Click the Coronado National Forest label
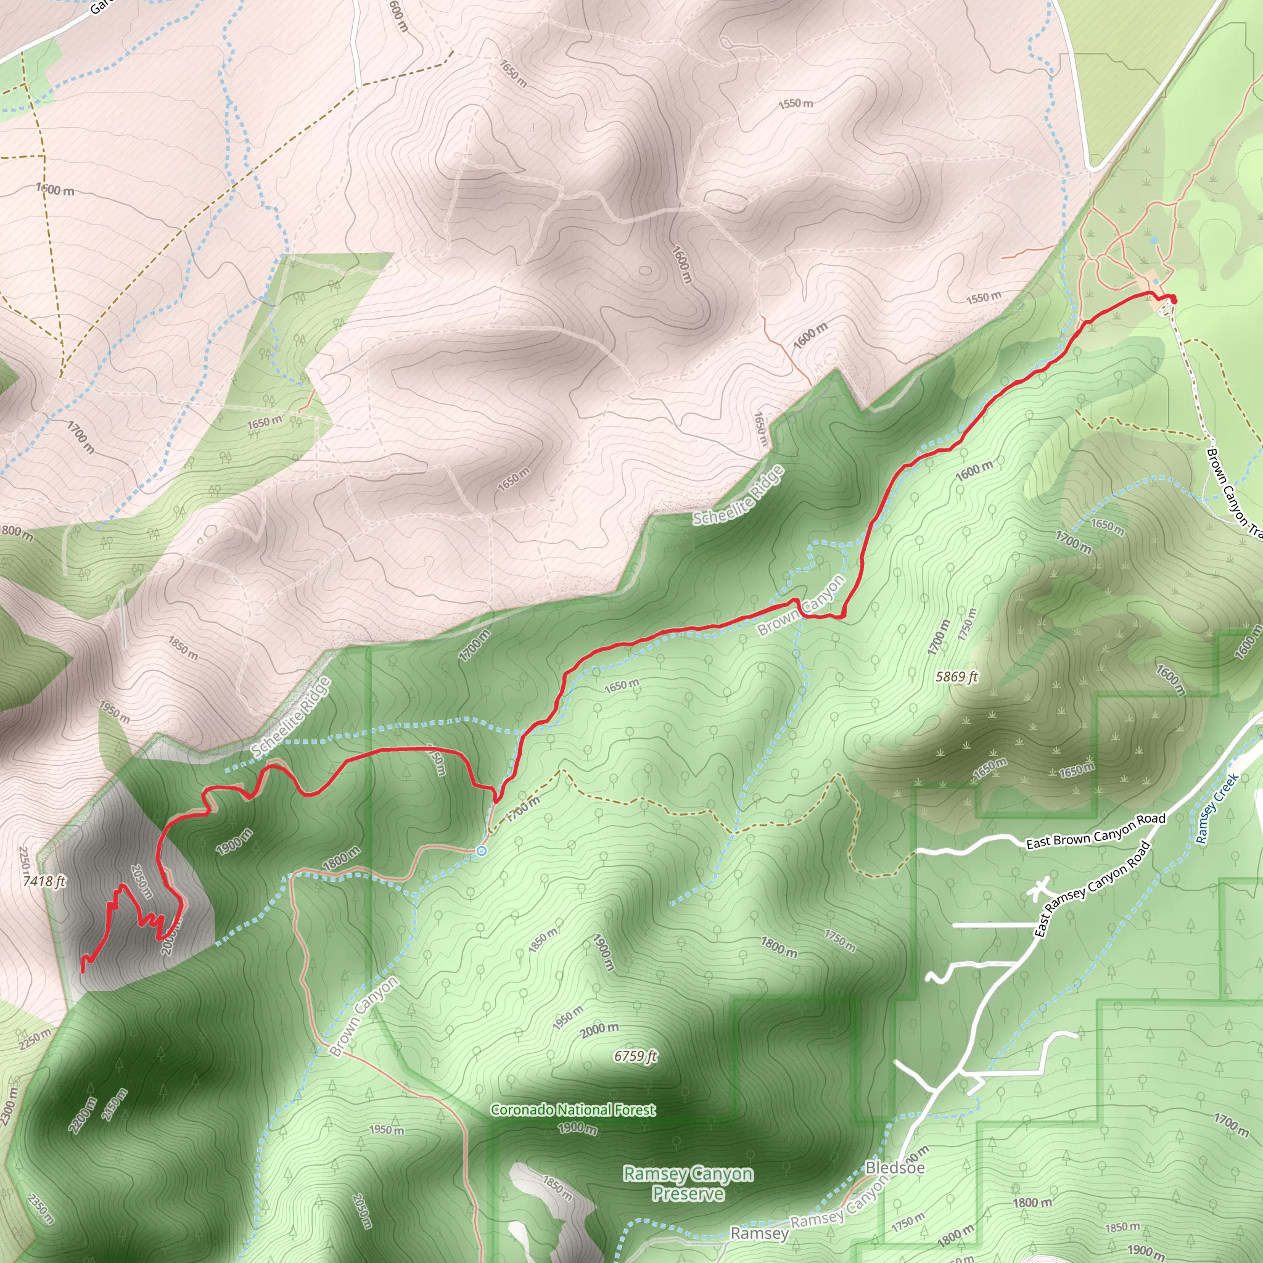[573, 1109]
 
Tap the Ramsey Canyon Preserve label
[688, 1184]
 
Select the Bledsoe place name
[895, 1167]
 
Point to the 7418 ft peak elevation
[44, 881]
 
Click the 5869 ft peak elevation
[957, 677]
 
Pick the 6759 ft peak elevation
[635, 1056]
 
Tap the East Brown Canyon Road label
[1096, 831]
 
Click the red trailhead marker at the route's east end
[1173, 299]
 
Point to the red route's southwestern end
[83, 971]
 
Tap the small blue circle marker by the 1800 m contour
[482, 850]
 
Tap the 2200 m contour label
[83, 1115]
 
